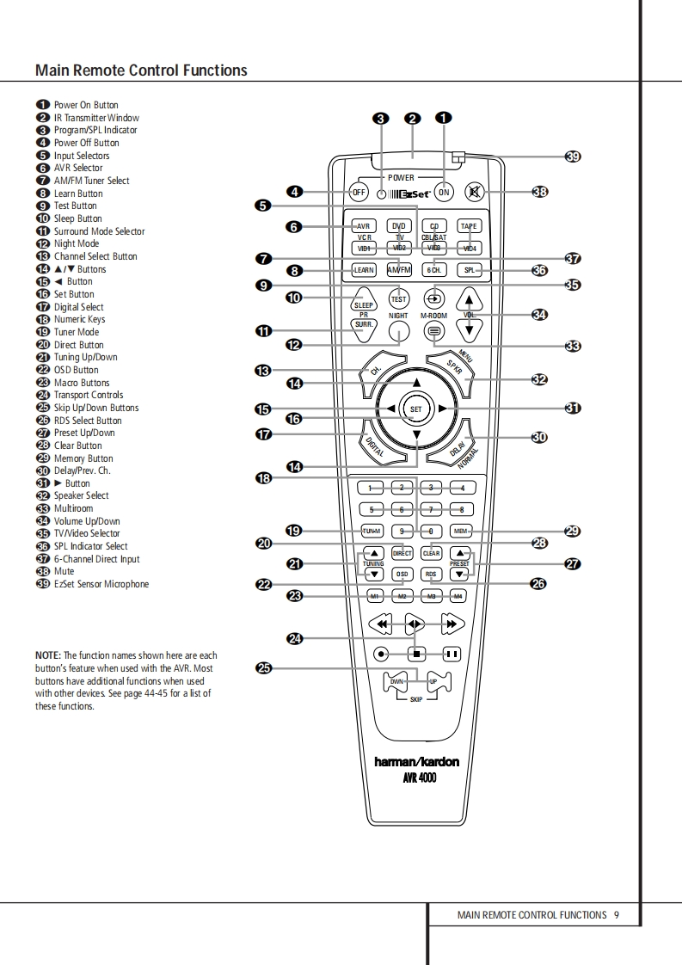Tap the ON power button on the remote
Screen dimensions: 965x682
pos(444,192)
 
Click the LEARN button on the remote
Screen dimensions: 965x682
pos(364,270)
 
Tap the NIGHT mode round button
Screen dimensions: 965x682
pos(398,332)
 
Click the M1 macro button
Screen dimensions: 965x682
pos(374,596)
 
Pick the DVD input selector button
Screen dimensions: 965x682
pos(398,226)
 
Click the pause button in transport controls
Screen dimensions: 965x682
pos(452,654)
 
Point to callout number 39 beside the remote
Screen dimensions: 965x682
pos(573,156)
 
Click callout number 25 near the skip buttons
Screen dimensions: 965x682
pos(264,667)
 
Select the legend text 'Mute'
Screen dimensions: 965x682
pos(64,571)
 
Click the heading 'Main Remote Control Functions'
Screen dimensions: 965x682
pos(141,71)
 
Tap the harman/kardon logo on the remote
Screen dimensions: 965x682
pos(416,762)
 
